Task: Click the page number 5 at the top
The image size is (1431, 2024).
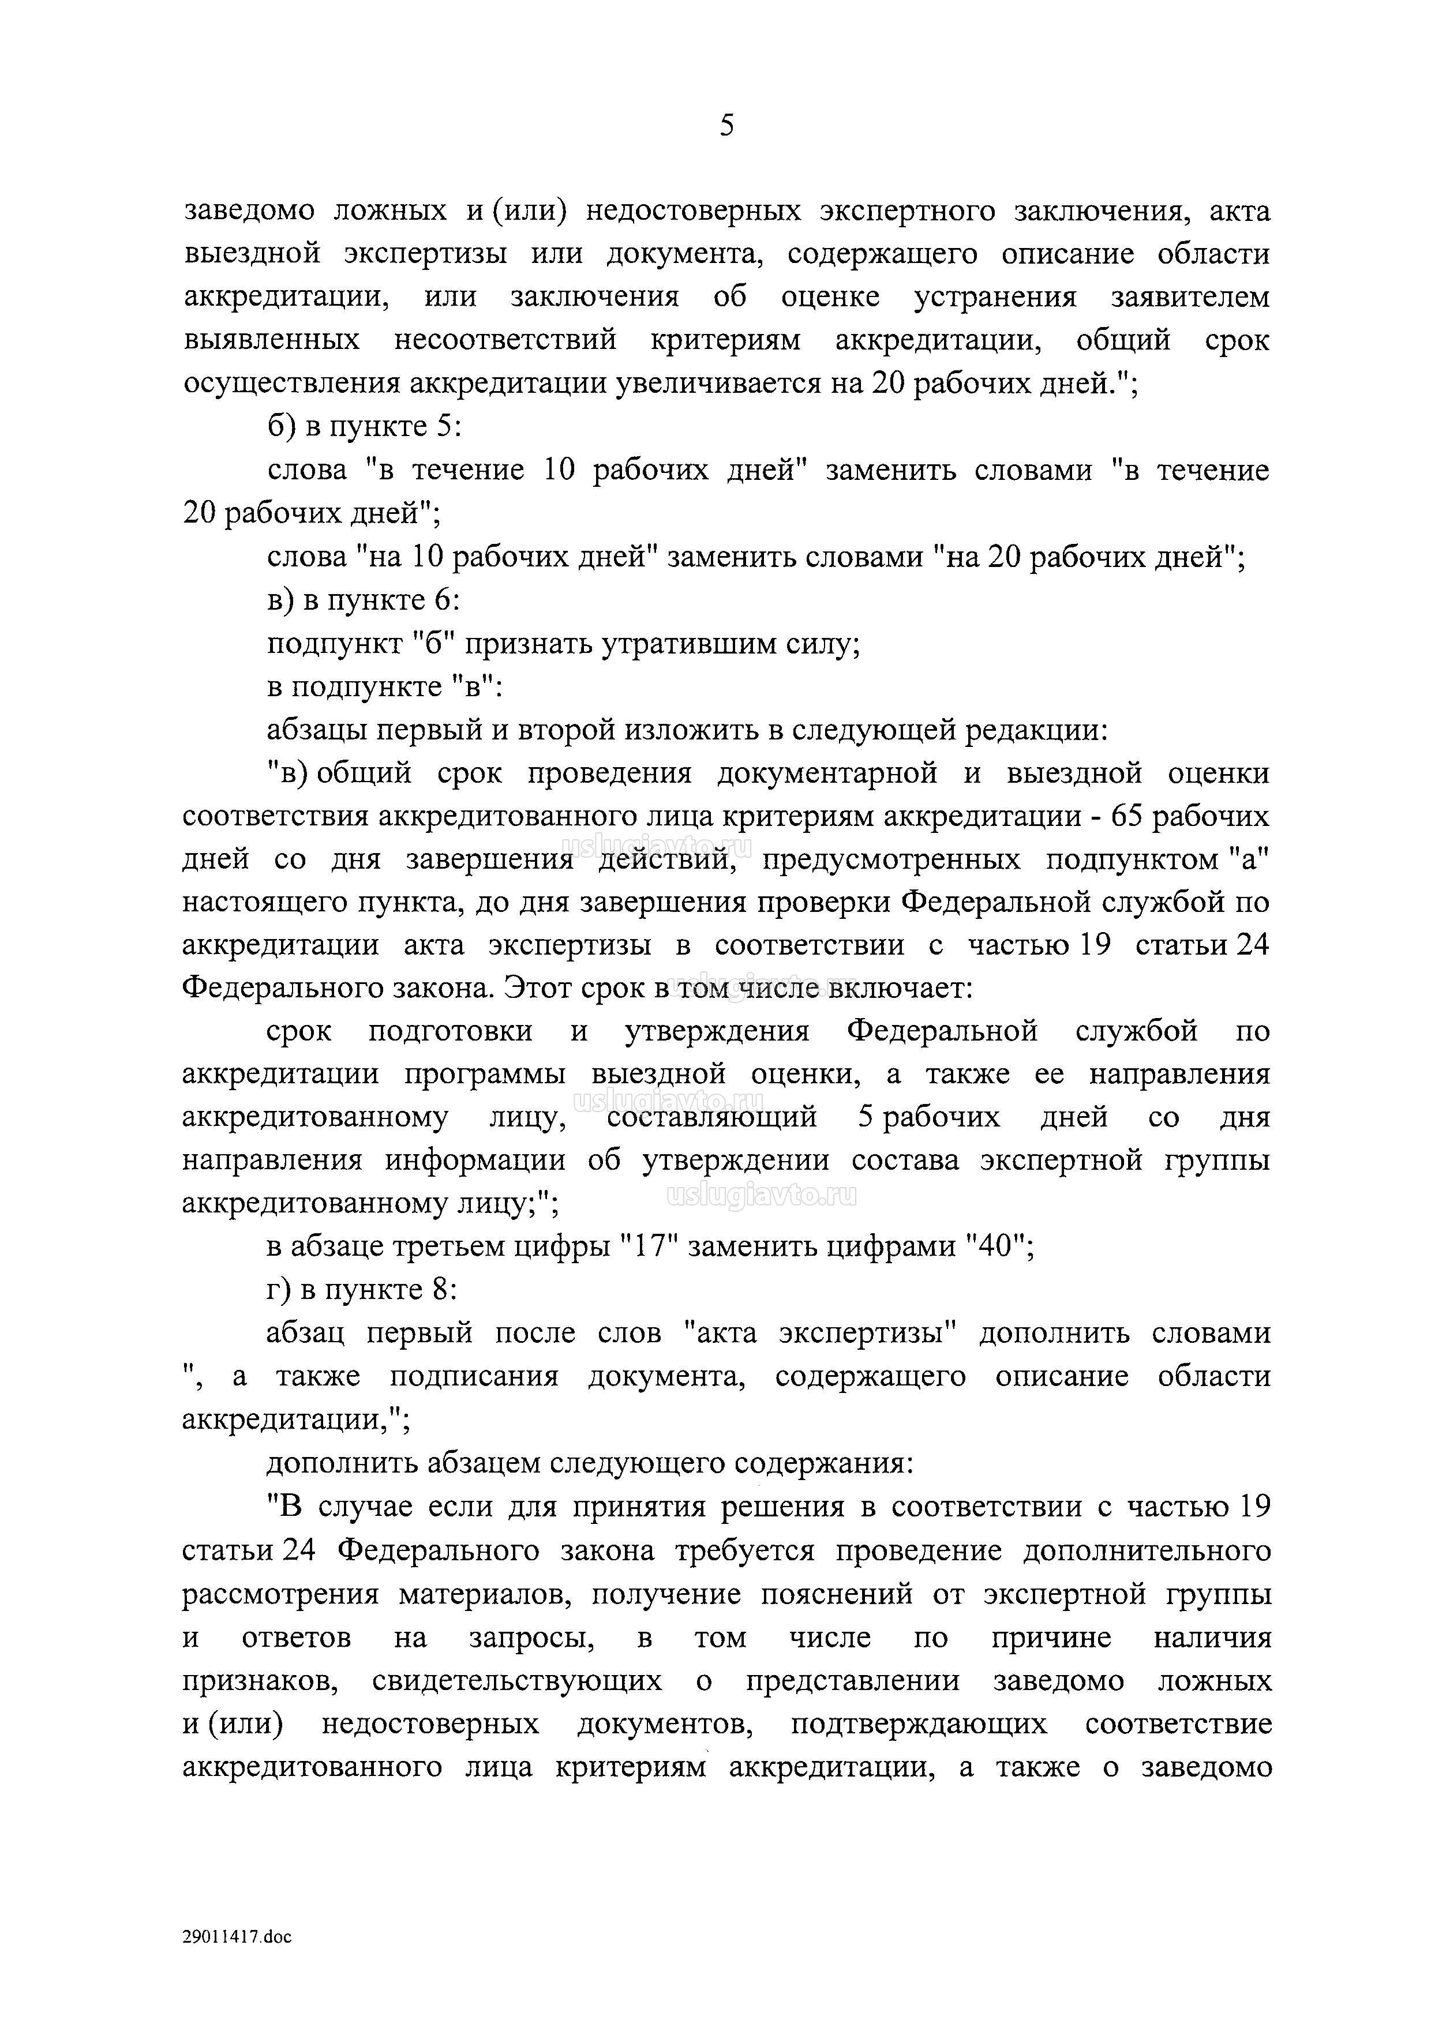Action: coord(726,126)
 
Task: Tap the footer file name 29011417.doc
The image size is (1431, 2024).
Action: coord(237,1937)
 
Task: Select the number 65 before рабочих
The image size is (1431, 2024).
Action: coord(1127,816)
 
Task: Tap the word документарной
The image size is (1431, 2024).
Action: coord(827,773)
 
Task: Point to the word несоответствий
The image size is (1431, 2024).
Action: coord(505,341)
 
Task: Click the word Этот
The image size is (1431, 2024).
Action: coord(540,988)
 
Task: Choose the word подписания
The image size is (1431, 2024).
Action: coord(474,1377)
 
